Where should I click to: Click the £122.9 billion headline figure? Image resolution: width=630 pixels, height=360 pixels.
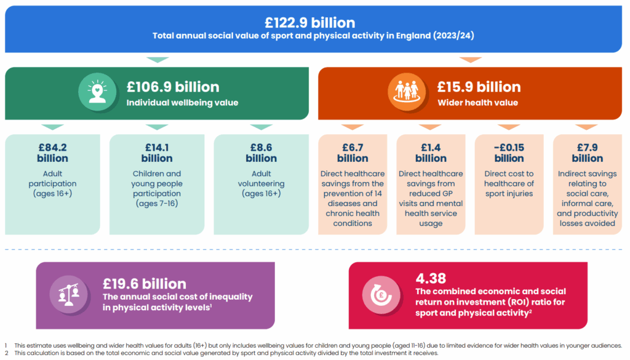coord(309,23)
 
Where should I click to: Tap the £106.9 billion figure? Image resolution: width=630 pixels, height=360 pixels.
coord(173,87)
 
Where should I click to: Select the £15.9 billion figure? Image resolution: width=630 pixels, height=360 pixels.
coord(479,87)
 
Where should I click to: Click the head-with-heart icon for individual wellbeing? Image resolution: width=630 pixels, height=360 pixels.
coord(97,94)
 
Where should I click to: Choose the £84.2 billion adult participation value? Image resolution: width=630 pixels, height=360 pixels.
coord(52,153)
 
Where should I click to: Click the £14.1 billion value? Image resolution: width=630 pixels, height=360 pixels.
coord(157,153)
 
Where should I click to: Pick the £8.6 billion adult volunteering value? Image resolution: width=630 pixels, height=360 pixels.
coord(261,153)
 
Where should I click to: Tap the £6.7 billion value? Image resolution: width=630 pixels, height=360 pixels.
coord(353,153)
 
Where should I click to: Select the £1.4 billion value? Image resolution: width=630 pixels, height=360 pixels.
coord(431,153)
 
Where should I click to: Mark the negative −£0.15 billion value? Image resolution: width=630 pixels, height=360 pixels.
coord(509,153)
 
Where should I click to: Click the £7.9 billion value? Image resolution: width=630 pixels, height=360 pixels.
coord(588,153)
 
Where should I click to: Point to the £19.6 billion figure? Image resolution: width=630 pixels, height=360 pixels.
coord(145,284)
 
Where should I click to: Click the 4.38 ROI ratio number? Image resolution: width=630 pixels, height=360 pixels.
coord(431,278)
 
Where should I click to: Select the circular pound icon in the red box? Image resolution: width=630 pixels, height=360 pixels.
coord(381,295)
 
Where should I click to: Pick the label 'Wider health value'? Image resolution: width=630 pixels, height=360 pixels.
coord(477,103)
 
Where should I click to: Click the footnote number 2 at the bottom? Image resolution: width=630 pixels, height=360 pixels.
coord(6,354)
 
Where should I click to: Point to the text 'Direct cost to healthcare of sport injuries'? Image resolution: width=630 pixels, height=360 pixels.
coord(509,183)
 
